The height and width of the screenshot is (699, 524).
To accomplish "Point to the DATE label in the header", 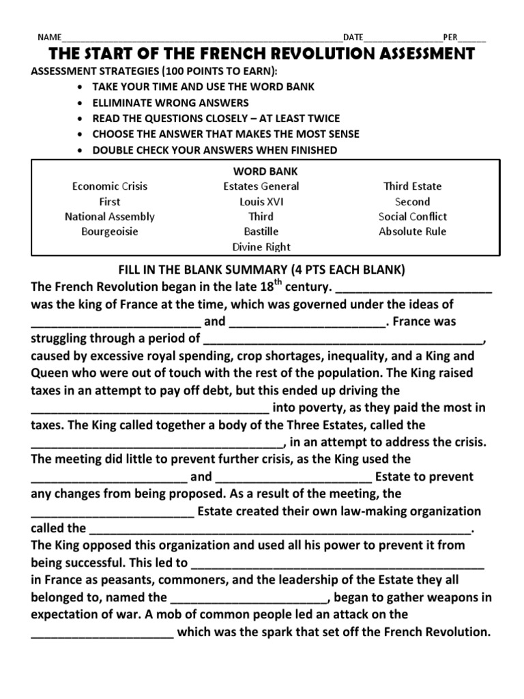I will (353, 37).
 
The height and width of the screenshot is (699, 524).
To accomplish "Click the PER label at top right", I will (450, 37).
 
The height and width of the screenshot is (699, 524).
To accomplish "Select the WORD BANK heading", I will (261, 171).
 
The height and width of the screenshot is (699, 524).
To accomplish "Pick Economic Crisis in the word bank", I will (110, 186).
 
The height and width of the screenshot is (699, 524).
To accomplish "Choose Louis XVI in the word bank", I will (261, 201).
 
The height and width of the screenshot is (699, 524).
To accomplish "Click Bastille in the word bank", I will (261, 231).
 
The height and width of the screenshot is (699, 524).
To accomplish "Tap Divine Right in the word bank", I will (261, 246).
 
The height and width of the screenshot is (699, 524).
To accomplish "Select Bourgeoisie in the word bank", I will (110, 231).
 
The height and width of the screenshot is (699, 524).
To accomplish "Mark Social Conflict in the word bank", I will (413, 216).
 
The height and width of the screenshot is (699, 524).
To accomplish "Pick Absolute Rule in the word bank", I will (413, 231).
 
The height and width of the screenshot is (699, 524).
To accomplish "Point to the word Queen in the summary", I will (48, 373).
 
